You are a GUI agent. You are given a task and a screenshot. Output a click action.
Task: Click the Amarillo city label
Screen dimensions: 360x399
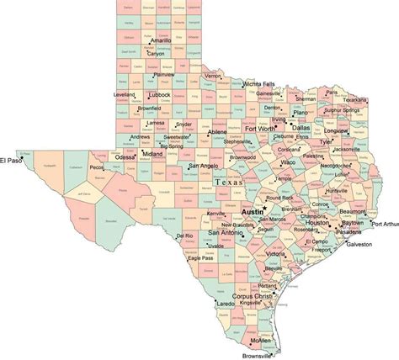tap(162, 40)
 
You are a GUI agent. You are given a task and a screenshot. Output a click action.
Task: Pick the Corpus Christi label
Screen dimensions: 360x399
tap(253, 297)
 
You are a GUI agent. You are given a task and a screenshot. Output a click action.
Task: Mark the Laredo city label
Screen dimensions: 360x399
tap(225, 302)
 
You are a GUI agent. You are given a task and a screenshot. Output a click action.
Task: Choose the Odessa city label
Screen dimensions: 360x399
tap(125, 157)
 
